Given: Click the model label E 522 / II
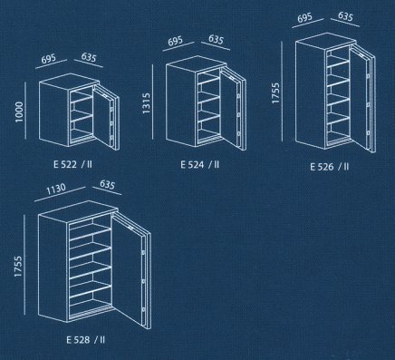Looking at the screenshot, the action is (72, 164).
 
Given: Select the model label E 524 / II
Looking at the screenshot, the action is (200, 164).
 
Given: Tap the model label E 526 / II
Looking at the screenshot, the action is (330, 167).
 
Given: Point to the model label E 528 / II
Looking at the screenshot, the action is (86, 340).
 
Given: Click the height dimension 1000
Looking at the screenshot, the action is (19, 112).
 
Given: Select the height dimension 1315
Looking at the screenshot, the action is (147, 103).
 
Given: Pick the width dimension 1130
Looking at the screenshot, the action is (56, 189).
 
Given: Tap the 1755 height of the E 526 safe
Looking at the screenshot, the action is (275, 93).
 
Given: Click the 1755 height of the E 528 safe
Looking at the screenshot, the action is (18, 267).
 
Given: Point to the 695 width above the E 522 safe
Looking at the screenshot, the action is (49, 59).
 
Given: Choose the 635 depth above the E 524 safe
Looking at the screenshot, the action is (216, 39).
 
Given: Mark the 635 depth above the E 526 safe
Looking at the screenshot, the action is (345, 16).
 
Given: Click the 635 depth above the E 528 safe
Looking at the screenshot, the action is (107, 184).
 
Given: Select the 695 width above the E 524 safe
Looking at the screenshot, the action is (176, 41).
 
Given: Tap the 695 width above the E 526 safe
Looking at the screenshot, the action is (305, 17).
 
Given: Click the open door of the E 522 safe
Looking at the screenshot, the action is (106, 117).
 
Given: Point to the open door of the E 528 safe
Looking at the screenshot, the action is (130, 270).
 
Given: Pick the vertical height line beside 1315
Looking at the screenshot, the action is (153, 102).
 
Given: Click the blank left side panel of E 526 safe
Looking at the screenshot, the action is (310, 94).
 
